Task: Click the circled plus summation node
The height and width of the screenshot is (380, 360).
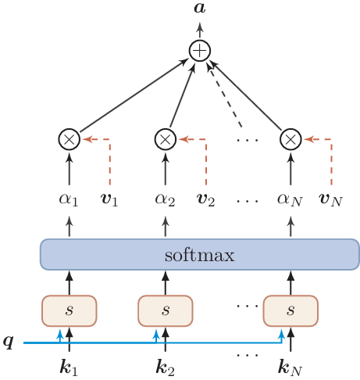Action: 201,51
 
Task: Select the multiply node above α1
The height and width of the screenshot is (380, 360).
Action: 70,139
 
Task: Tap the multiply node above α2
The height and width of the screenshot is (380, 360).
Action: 165,139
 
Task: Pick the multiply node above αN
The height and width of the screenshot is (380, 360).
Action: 290,139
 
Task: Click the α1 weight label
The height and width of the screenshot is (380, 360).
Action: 70,199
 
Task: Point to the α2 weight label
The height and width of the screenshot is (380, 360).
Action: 165,199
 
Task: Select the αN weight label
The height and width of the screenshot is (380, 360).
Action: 290,199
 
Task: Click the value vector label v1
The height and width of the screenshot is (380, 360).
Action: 111,199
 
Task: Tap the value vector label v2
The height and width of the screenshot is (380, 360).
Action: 206,199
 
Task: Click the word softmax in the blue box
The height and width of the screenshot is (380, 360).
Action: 199,255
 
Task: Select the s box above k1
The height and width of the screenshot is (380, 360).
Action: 70,310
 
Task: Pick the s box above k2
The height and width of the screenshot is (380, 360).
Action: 165,310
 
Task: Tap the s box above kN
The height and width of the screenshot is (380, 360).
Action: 290,310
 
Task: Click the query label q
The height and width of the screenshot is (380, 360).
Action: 9,342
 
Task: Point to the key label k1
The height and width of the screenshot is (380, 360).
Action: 70,365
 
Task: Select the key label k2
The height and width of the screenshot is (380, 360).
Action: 165,365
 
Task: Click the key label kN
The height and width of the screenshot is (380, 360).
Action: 290,365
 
